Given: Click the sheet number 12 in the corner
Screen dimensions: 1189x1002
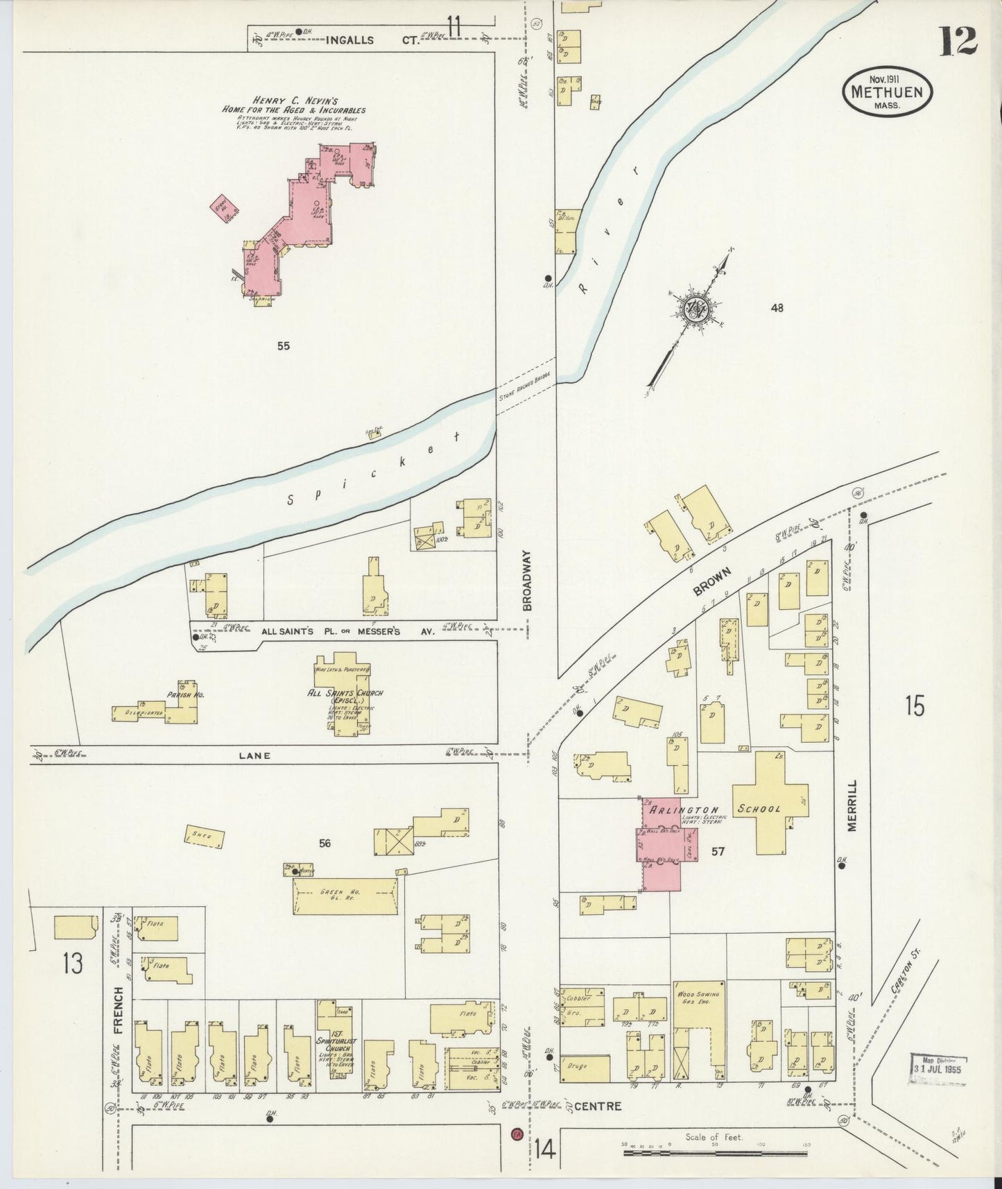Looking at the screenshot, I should pos(958,41).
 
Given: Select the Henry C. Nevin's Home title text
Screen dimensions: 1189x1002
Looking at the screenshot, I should pos(293,105).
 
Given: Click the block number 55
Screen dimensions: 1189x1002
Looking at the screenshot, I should pos(283,345).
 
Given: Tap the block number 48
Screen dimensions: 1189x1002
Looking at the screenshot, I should pos(777,307).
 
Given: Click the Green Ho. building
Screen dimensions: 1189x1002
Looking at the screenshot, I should pos(345,896).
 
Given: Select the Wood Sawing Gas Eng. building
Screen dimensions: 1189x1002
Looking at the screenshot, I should pos(700,1020).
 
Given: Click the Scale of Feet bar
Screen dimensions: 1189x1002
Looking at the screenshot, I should pos(714,1153).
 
